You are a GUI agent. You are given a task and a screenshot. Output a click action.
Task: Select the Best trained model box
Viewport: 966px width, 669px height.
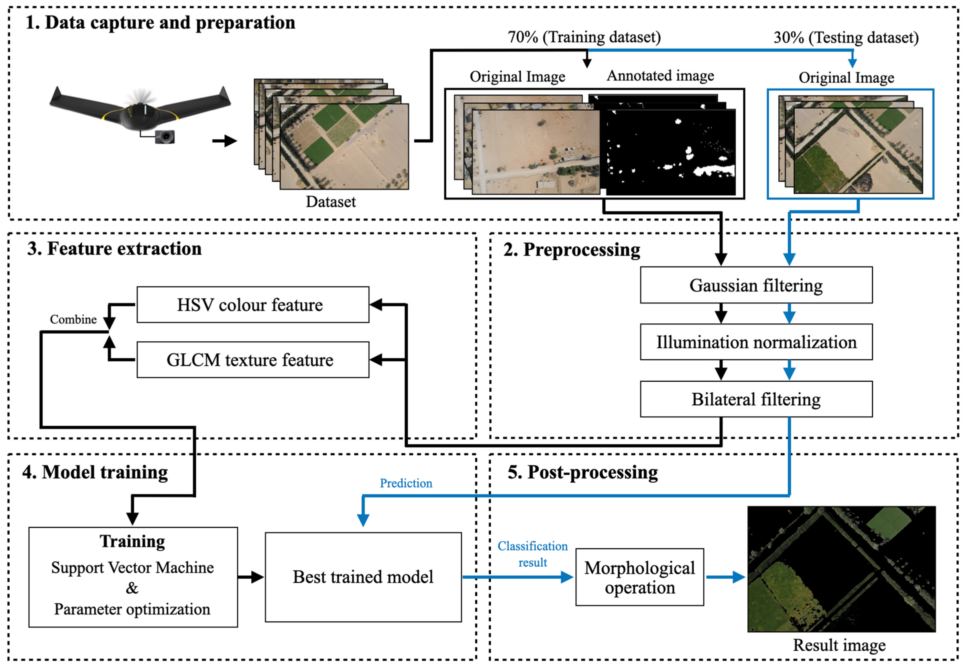tap(363, 577)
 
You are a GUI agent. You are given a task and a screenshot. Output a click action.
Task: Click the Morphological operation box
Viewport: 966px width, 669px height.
tap(639, 577)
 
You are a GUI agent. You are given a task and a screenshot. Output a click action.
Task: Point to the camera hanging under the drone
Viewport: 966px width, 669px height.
tap(165, 137)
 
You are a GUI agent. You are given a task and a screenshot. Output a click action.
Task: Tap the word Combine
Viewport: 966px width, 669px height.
tap(73, 319)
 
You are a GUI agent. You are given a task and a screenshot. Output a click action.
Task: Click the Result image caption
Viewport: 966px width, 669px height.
tap(839, 645)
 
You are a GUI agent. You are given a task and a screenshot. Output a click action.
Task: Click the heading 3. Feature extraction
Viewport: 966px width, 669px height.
tap(114, 248)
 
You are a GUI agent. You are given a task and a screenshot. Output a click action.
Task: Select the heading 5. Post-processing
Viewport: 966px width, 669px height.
tap(582, 472)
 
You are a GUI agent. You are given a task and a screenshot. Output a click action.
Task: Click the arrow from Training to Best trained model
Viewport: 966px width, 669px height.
tap(251, 577)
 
